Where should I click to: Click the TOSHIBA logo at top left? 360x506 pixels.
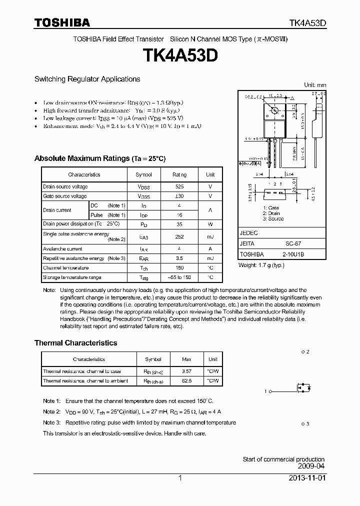(x=62, y=22)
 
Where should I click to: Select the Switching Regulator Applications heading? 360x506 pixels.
(x=87, y=79)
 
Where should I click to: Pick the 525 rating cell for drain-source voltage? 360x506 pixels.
(x=179, y=187)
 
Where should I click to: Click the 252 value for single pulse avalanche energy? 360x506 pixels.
(x=179, y=236)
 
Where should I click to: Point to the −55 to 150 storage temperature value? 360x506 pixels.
(x=179, y=277)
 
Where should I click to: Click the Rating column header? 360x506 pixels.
(x=179, y=174)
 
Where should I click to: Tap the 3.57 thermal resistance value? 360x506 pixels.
(x=186, y=371)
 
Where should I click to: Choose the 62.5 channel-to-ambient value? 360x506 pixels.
(x=186, y=381)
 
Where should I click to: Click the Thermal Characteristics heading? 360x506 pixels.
(x=75, y=343)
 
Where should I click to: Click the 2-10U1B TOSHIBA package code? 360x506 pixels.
(x=293, y=254)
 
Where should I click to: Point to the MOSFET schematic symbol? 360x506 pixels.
(x=303, y=388)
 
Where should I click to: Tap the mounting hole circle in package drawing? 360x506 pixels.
(x=274, y=110)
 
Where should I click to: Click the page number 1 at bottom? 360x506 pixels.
(x=180, y=478)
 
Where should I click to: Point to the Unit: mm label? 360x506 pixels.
(x=315, y=85)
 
